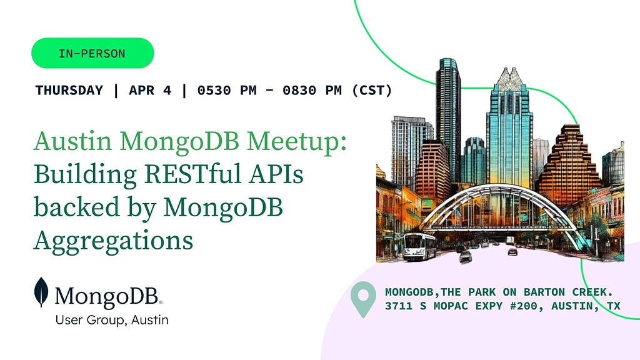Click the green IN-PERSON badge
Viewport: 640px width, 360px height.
(92, 53)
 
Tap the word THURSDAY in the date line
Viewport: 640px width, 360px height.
(69, 90)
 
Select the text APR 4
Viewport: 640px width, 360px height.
(150, 90)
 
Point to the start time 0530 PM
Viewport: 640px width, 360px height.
(227, 90)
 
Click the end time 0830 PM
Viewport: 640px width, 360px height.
(312, 90)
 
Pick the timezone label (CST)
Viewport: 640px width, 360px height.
(372, 90)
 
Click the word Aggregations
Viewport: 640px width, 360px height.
(113, 240)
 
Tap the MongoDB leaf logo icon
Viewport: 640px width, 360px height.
(41, 292)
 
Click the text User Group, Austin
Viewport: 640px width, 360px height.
(112, 320)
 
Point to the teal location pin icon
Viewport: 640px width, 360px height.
(363, 299)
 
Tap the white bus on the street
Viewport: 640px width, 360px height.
(419, 246)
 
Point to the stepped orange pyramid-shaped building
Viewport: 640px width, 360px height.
(569, 159)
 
